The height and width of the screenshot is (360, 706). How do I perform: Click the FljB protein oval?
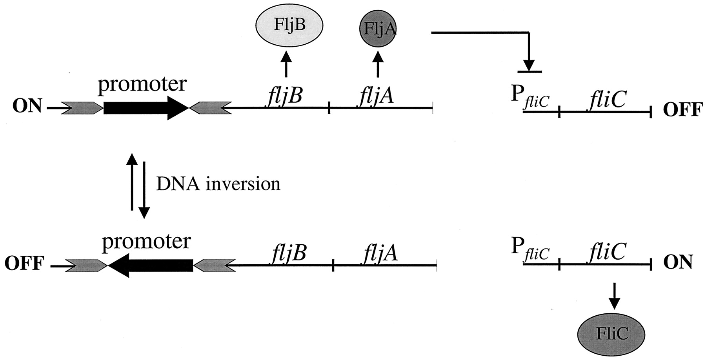pyautogui.click(x=289, y=26)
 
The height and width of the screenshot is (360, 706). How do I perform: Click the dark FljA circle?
pyautogui.click(x=377, y=28)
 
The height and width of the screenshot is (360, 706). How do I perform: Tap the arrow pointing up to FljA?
pyautogui.click(x=377, y=65)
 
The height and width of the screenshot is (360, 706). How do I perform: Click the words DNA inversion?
pyautogui.click(x=218, y=184)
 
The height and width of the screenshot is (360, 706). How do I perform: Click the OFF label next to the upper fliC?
pyautogui.click(x=682, y=111)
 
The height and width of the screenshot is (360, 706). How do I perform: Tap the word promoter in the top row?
pyautogui.click(x=142, y=84)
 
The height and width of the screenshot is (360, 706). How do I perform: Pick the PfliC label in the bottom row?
pyautogui.click(x=530, y=249)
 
